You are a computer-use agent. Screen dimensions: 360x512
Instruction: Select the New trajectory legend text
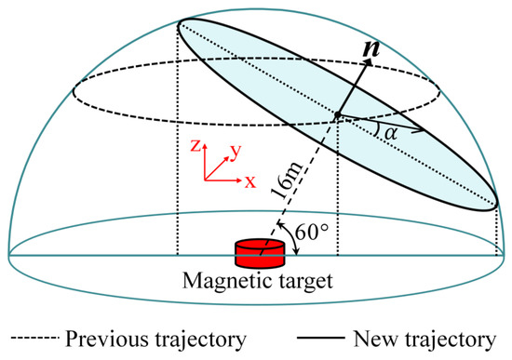pyautogui.click(x=429, y=336)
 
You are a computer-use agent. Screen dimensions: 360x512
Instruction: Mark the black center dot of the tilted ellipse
pyautogui.click(x=337, y=115)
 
